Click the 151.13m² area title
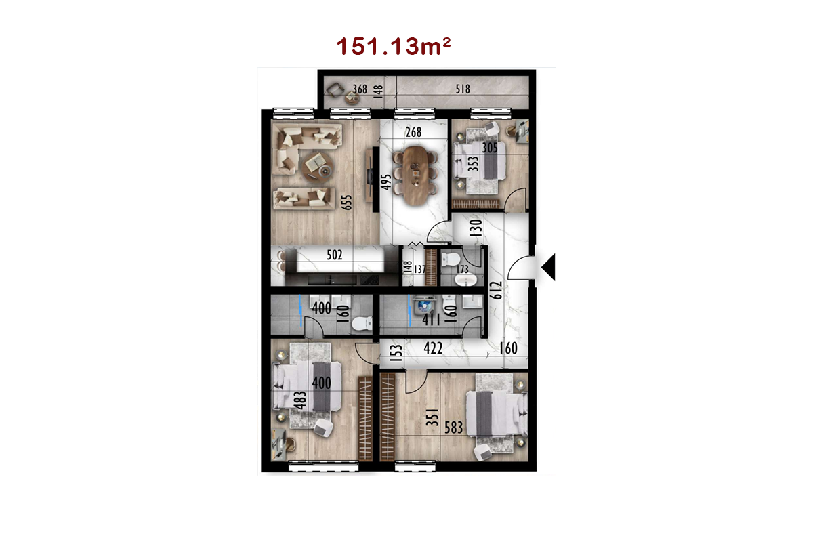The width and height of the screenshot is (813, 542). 394,47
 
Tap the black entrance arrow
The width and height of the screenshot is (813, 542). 548,267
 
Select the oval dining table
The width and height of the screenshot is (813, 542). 415,175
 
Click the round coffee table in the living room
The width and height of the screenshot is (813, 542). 318,166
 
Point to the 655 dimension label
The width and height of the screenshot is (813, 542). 347,203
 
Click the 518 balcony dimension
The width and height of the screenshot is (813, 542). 463,89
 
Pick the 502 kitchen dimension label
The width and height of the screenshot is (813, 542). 334,255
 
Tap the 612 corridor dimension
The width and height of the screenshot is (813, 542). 496,290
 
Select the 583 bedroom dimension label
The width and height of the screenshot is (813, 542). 454,428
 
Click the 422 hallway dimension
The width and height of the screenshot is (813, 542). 433,348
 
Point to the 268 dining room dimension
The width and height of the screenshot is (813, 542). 414,132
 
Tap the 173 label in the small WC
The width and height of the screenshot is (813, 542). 462,270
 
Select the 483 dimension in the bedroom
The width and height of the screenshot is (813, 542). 301,400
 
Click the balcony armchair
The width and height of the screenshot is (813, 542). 335,89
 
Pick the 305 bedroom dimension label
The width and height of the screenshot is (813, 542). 490,148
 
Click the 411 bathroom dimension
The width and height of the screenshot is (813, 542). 431,320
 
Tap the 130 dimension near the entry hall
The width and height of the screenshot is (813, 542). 476,228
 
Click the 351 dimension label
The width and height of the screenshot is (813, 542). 433,417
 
